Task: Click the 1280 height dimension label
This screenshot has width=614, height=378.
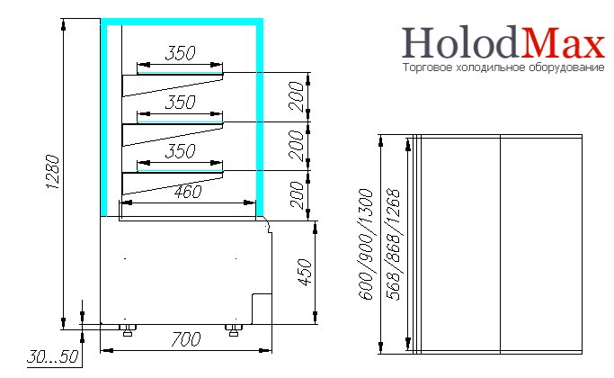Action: click(x=53, y=172)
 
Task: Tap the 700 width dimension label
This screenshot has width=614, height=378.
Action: click(x=186, y=339)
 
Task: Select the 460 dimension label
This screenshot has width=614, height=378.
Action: click(x=188, y=192)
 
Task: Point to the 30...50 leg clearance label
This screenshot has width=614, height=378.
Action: click(x=53, y=356)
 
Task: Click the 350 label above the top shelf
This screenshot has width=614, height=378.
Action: click(x=180, y=53)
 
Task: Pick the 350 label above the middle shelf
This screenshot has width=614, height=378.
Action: click(x=180, y=102)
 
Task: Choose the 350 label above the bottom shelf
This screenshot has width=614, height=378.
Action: click(x=180, y=151)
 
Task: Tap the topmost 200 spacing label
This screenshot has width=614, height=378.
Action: click(x=297, y=96)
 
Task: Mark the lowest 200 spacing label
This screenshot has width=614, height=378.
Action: click(x=298, y=195)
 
